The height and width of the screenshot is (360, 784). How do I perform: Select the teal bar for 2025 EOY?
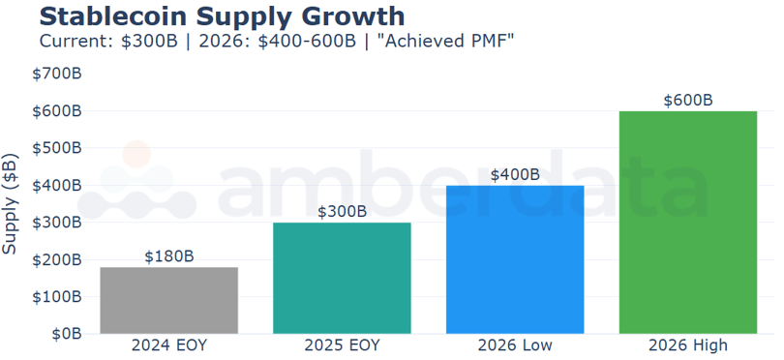pyautogui.click(x=342, y=278)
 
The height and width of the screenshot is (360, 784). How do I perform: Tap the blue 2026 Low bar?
pyautogui.click(x=515, y=259)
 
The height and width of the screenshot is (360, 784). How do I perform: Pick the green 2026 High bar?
pyautogui.click(x=688, y=223)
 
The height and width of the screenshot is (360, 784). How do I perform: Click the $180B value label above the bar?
pyautogui.click(x=169, y=256)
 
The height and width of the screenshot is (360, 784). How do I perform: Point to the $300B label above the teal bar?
pyautogui.click(x=342, y=212)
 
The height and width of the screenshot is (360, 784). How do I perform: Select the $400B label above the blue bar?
pyautogui.click(x=515, y=175)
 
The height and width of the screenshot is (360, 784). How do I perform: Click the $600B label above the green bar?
pyautogui.click(x=688, y=101)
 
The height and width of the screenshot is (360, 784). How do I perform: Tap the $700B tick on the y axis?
pyautogui.click(x=57, y=74)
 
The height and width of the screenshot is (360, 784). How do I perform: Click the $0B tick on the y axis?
pyautogui.click(x=65, y=334)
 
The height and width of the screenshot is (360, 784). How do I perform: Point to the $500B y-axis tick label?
pyautogui.click(x=57, y=148)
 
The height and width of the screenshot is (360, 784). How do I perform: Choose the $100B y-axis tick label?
pyautogui.click(x=57, y=297)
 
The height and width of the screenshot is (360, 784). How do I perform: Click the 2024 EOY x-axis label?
pyautogui.click(x=169, y=345)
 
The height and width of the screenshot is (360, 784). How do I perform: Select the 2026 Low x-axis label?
pyautogui.click(x=515, y=345)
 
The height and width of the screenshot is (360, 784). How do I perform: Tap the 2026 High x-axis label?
pyautogui.click(x=688, y=345)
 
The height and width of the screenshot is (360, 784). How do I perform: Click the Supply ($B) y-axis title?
pyautogui.click(x=11, y=203)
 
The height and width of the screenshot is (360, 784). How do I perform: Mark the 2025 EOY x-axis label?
pyautogui.click(x=342, y=345)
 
